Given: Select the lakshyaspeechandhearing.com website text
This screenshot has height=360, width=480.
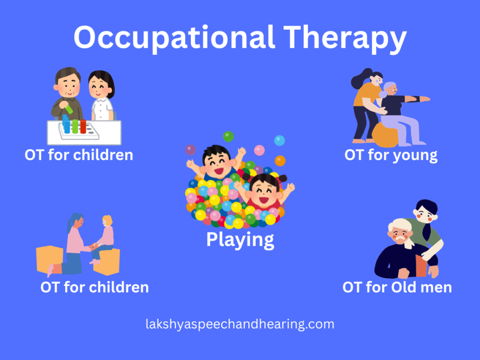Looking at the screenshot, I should [x=240, y=324].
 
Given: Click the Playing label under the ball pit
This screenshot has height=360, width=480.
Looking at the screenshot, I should [x=240, y=240].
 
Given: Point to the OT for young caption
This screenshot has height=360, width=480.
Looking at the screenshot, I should [x=391, y=155].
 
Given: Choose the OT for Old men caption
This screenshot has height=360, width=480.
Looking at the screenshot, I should [x=397, y=287].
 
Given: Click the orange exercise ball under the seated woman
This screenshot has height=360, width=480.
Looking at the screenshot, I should [x=385, y=135].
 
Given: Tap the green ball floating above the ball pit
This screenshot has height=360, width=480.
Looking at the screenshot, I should [x=228, y=136].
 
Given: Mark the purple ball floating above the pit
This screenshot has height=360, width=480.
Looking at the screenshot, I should [x=191, y=150].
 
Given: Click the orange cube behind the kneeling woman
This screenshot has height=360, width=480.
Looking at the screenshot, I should [x=49, y=258].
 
